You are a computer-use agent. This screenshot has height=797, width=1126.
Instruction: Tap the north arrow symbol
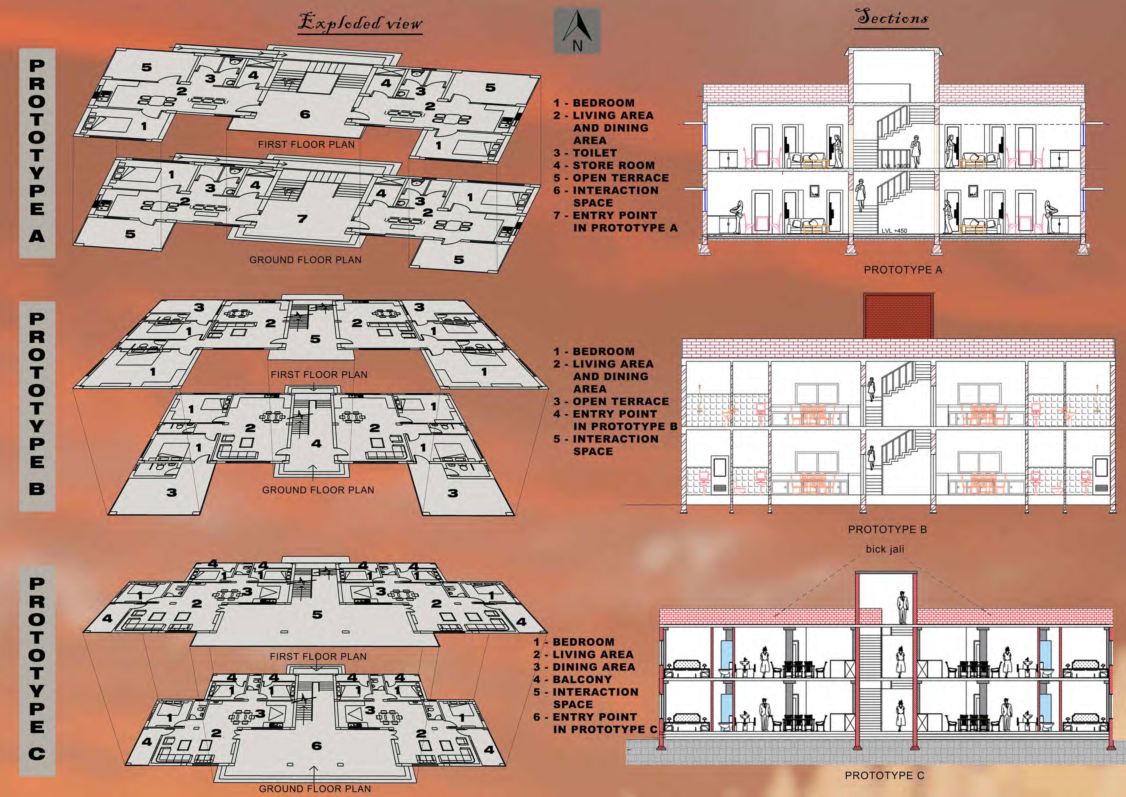pos(577,30)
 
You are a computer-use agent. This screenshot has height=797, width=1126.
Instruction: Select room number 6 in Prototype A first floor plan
pos(305,114)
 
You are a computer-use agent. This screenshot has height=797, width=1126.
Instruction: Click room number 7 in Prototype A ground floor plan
pos(303,219)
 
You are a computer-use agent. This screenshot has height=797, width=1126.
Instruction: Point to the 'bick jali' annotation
pos(885,549)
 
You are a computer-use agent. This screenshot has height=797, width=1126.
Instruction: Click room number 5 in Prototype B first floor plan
pos(315,339)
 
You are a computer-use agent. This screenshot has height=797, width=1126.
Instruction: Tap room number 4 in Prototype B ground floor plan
pos(316,444)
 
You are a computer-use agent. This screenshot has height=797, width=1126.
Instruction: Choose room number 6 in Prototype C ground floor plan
pos(316,746)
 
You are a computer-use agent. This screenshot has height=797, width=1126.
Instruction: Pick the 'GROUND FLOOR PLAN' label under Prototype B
pos(318,490)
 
